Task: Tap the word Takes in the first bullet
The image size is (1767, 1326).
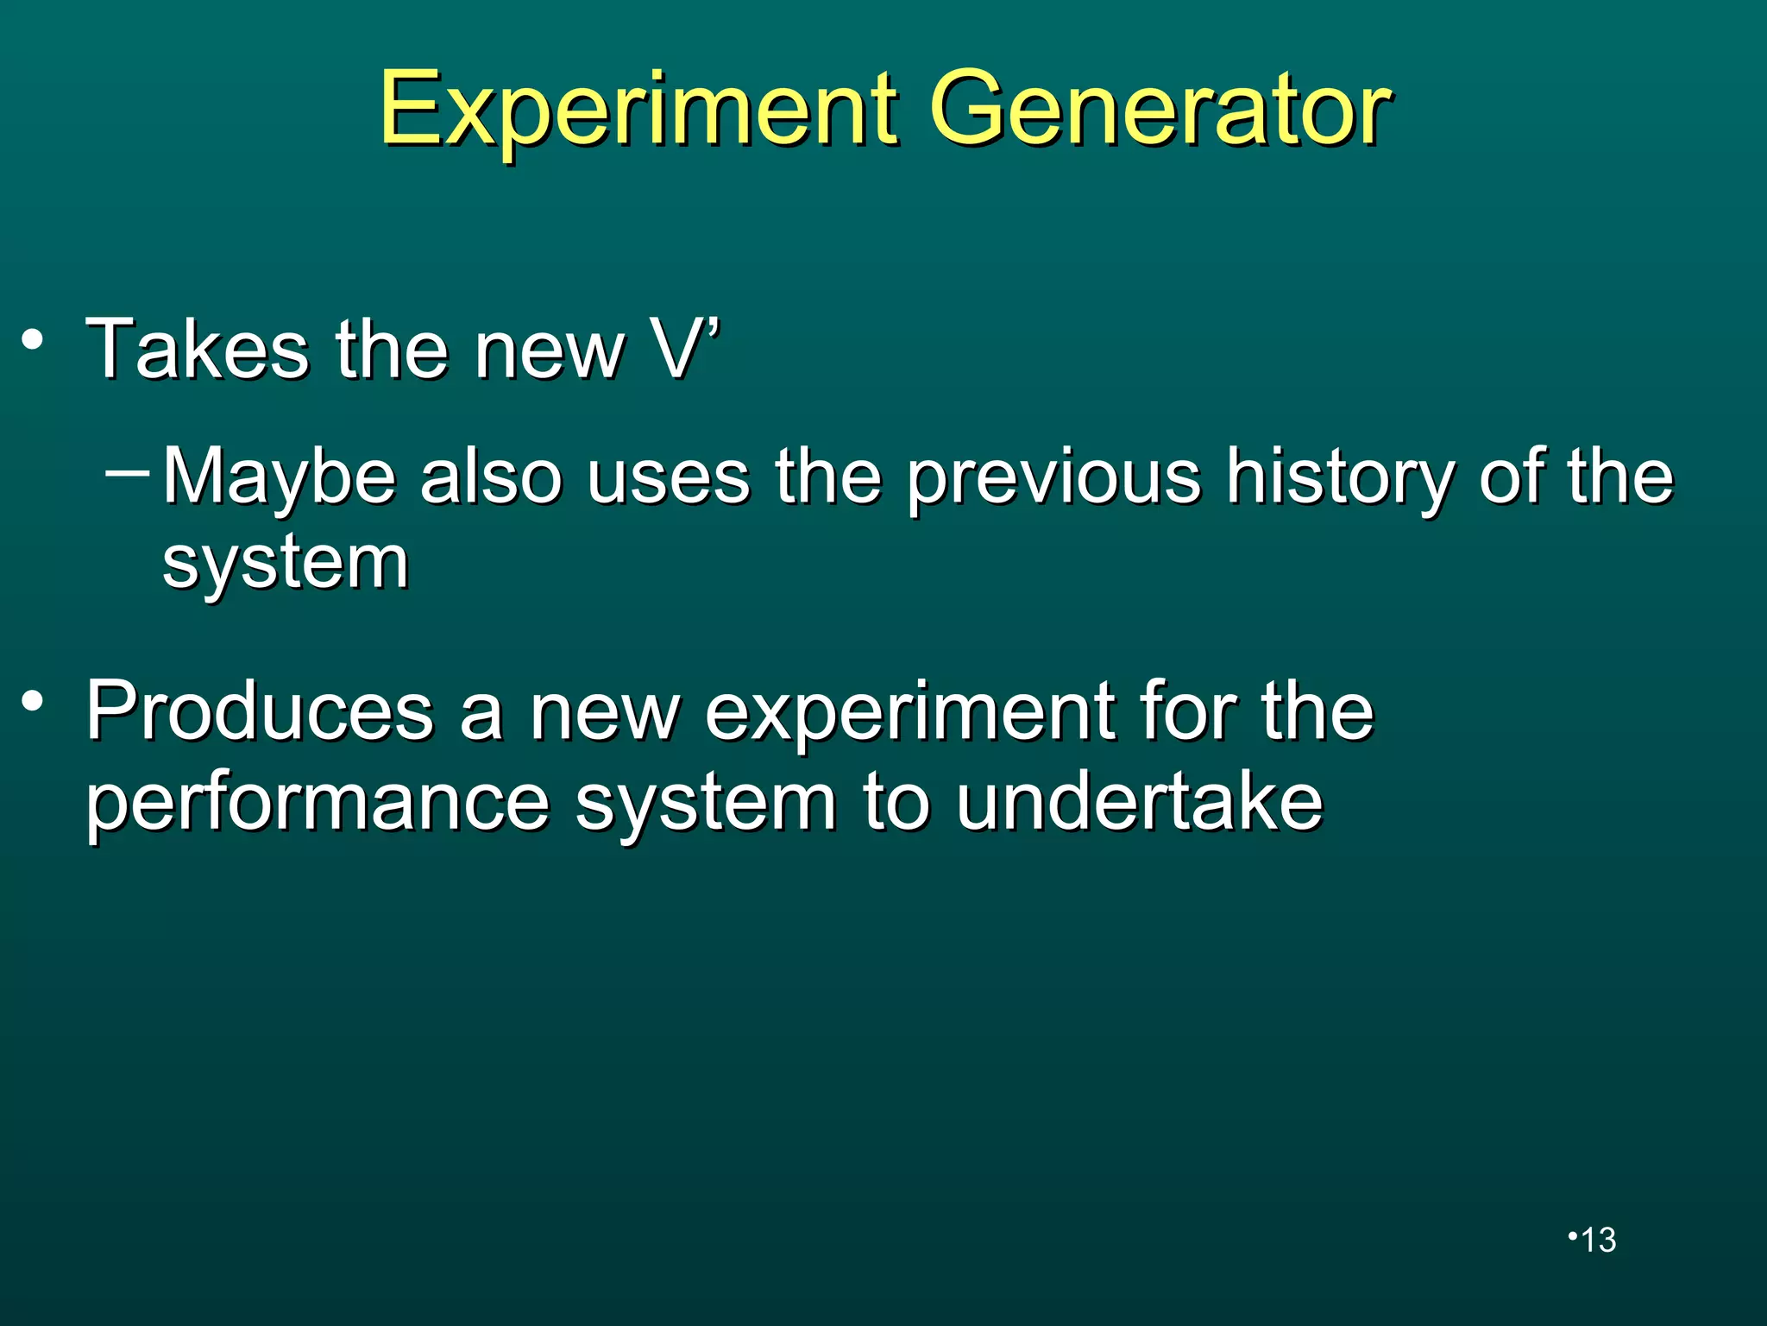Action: point(197,349)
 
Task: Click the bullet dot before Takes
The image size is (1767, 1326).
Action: point(33,340)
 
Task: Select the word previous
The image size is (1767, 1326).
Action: point(1053,477)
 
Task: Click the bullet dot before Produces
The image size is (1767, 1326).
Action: point(33,702)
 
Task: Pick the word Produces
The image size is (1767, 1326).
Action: point(260,711)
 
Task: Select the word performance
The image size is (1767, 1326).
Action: point(318,803)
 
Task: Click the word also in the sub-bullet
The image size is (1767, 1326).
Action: point(490,477)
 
